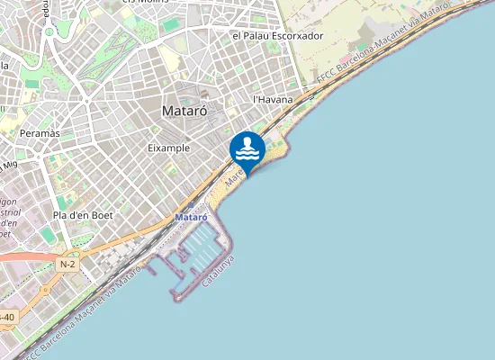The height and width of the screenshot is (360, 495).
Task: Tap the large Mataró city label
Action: pyautogui.click(x=184, y=112)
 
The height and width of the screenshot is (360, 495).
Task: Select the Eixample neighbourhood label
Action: pyautogui.click(x=168, y=147)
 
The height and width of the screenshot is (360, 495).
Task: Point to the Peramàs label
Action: pyautogui.click(x=40, y=133)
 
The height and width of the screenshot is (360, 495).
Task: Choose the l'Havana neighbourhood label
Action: pyautogui.click(x=273, y=100)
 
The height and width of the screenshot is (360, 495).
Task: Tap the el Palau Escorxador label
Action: pyautogui.click(x=277, y=36)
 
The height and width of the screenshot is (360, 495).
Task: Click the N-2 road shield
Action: pyautogui.click(x=67, y=265)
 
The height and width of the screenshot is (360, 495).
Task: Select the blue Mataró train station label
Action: pyautogui.click(x=191, y=218)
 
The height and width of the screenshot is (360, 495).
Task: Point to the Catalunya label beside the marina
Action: pyautogui.click(x=219, y=271)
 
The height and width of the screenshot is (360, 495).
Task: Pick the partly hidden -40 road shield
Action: pyautogui.click(x=6, y=317)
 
